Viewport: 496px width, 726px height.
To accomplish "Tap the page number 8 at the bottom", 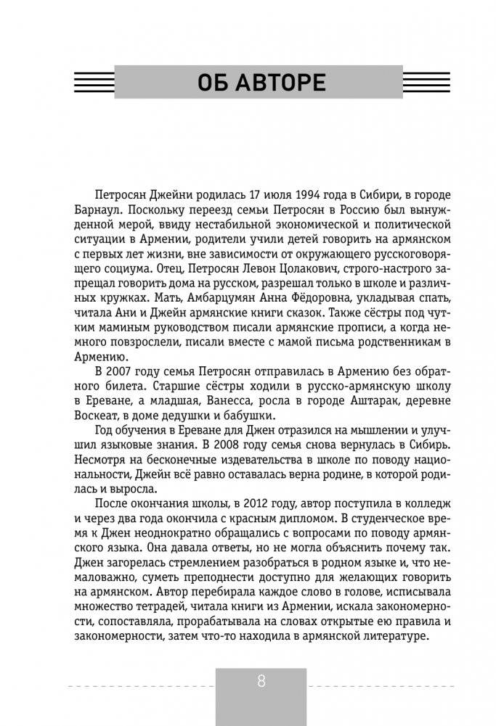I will click(261, 681).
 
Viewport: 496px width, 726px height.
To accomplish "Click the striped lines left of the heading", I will click(94, 81).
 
